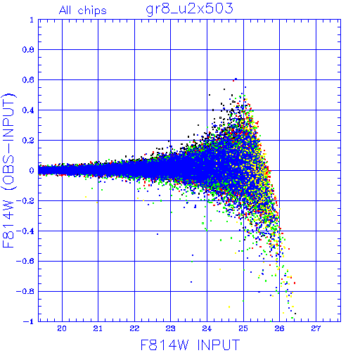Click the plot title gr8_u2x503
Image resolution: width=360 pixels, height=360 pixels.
click(189, 9)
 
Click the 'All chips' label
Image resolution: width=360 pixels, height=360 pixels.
click(83, 11)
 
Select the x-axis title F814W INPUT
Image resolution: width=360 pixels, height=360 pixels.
click(190, 345)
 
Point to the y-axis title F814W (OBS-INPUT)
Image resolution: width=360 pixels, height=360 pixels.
click(8, 170)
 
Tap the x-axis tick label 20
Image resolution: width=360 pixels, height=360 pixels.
click(62, 328)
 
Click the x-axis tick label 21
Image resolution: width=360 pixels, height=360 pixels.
click(98, 328)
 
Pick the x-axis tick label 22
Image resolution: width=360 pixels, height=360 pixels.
click(134, 328)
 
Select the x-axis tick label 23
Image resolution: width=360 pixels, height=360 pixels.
click(171, 328)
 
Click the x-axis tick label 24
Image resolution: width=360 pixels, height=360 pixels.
click(207, 328)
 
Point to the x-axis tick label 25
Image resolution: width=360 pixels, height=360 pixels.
click(243, 328)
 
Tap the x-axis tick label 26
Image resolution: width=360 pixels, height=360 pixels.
click(279, 328)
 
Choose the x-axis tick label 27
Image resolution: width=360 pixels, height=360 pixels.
click(316, 328)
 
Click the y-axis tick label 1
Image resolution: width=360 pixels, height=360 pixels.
click(32, 20)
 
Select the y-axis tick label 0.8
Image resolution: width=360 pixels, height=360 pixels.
click(28, 50)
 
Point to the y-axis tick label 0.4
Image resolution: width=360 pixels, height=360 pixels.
click(28, 110)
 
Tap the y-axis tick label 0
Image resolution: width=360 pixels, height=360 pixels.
click(32, 170)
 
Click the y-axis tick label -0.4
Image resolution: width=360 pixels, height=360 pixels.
click(25, 231)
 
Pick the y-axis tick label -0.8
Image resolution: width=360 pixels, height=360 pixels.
click(25, 291)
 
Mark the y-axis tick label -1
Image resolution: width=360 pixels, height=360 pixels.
click(28, 321)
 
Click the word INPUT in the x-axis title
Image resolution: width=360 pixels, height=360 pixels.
click(219, 345)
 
